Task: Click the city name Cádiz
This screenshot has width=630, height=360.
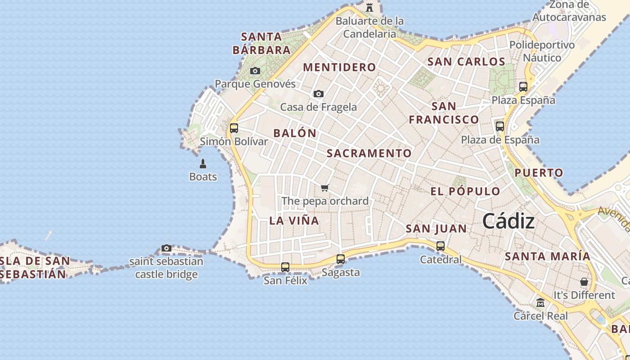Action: coord(508,221)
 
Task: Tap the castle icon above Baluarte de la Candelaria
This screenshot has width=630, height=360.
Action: coord(369,7)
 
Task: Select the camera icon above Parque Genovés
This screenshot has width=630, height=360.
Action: coord(255,71)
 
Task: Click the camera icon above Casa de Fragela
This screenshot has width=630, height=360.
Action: coord(319,94)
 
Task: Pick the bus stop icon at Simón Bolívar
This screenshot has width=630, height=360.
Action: coord(234,128)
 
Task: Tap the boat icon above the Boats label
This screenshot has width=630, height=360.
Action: coord(203,163)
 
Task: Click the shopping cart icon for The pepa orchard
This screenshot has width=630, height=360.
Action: coord(325,188)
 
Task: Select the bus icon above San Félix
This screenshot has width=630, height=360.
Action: coord(285,267)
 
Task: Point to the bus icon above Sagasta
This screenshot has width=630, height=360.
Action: coord(341,259)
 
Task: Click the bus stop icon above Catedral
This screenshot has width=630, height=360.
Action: coord(441,246)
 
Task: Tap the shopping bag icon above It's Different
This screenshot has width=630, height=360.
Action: coord(584,282)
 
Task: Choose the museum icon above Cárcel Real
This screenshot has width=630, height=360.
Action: coord(540,302)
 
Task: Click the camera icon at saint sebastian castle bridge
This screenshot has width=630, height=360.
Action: coord(166,248)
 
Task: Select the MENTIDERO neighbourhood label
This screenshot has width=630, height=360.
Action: coord(339,67)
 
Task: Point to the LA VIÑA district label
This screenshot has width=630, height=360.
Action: coord(294,220)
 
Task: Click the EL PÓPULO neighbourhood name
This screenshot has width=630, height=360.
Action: coord(465,191)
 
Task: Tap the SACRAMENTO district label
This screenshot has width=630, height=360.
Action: coord(369,153)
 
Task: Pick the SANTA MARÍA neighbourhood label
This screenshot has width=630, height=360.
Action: coord(547,256)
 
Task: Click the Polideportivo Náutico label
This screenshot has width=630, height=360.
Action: coord(542,51)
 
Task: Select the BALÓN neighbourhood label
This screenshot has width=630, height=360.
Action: coord(295,133)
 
